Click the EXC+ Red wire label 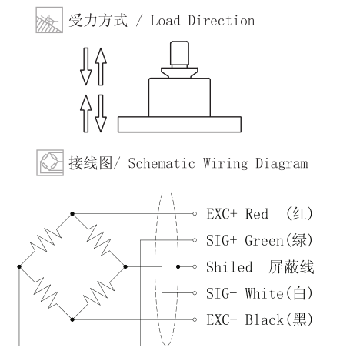(260, 213)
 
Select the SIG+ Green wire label (259, 240)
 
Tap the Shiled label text (229, 267)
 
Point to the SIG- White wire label (259, 293)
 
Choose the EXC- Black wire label (259, 319)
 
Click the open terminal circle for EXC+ (195, 213)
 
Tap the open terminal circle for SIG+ (195, 240)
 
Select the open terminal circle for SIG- (195, 293)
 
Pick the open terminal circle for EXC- (195, 319)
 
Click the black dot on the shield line (178, 266)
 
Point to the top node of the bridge (72, 213)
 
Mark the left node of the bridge (19, 266)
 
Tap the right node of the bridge (125, 266)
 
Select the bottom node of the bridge (72, 319)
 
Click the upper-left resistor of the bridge (45, 240)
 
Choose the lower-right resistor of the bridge (99, 293)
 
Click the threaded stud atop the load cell (179, 54)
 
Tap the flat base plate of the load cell (179, 125)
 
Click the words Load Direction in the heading (202, 21)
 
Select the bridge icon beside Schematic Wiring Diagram (50, 163)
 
